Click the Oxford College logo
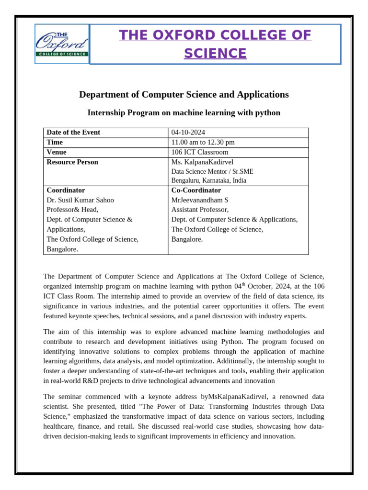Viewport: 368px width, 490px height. [x=62, y=44]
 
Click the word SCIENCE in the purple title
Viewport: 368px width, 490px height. [x=215, y=54]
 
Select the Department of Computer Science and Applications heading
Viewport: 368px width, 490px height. [x=184, y=94]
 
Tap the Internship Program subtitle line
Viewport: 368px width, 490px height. [x=184, y=113]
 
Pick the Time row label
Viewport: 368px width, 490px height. [x=55, y=142]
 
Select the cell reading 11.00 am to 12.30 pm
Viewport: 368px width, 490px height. [x=203, y=142]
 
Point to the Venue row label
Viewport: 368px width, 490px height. [x=57, y=152]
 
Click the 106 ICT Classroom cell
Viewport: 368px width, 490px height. [x=200, y=152]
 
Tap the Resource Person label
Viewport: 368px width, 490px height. [x=72, y=162]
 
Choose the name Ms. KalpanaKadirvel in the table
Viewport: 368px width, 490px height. [x=202, y=162]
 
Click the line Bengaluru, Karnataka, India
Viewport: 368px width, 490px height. [x=208, y=180]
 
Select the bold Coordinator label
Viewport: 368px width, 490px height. [x=66, y=190]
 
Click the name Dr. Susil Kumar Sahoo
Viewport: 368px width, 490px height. [x=80, y=200]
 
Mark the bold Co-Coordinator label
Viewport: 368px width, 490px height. [x=196, y=190]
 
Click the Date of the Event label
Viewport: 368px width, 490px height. [x=73, y=133]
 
